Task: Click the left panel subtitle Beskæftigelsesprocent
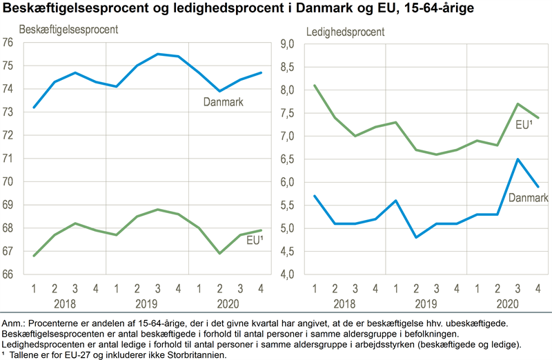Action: pyautogui.click(x=67, y=30)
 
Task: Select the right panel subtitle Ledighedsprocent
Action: pyautogui.click(x=345, y=31)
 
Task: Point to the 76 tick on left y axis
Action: pyautogui.click(x=8, y=43)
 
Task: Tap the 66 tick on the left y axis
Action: pyautogui.click(x=8, y=274)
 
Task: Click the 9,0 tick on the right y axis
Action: pyautogui.click(x=287, y=43)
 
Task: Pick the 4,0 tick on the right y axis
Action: pyautogui.click(x=287, y=274)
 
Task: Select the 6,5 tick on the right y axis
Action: pyautogui.click(x=287, y=159)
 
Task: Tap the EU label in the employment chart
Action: pyautogui.click(x=256, y=240)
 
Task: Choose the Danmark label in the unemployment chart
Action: pyautogui.click(x=529, y=198)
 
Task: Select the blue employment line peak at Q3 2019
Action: pyautogui.click(x=158, y=54)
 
